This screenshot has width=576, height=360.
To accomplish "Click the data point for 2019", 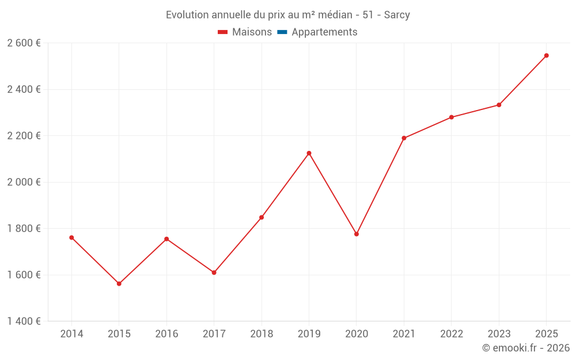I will click(x=309, y=153).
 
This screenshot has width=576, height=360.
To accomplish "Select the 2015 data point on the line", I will click(x=119, y=284).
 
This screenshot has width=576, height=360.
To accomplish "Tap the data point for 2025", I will click(x=547, y=56).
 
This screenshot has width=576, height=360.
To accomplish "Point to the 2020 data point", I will click(x=357, y=234).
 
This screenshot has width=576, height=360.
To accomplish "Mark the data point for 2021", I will click(x=404, y=138).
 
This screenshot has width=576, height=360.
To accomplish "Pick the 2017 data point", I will click(x=214, y=272).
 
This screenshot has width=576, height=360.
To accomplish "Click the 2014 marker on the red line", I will click(x=71, y=237).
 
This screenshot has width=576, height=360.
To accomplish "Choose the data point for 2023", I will click(x=499, y=105).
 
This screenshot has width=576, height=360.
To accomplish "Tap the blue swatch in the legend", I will click(x=282, y=32).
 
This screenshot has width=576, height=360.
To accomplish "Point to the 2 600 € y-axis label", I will click(x=24, y=43).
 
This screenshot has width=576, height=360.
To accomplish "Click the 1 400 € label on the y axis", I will click(x=24, y=321).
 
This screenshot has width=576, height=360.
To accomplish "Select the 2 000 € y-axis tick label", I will click(x=24, y=182).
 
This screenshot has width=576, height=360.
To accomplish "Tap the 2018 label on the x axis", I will click(x=262, y=334).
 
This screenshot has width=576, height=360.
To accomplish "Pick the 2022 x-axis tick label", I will click(x=452, y=334).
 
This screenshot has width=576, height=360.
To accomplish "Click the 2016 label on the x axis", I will click(x=166, y=334).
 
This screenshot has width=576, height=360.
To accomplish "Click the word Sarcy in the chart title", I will click(x=397, y=15).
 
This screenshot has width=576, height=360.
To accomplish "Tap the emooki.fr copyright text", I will click(x=526, y=348).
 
